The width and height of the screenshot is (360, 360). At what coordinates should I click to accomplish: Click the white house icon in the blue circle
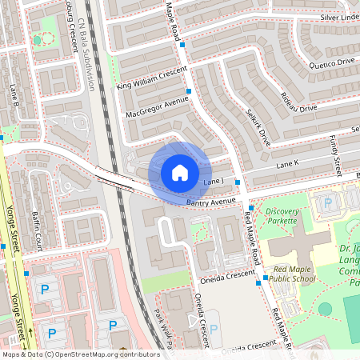(180, 173)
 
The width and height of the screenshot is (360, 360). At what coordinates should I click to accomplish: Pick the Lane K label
(286, 164)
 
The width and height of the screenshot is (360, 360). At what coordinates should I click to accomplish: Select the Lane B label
(14, 94)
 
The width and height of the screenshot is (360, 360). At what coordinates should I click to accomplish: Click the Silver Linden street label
(339, 17)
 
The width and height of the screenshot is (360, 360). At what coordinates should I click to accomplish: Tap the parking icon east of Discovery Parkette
(326, 204)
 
